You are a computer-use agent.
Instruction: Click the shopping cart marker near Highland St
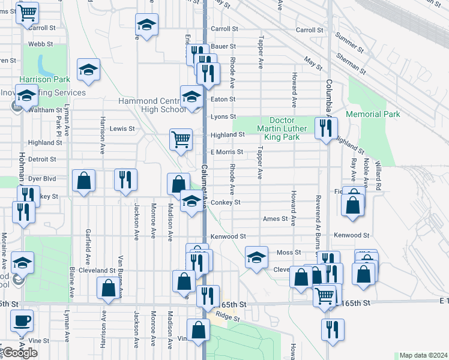pos(181,139)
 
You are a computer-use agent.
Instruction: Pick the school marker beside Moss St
pos(256,258)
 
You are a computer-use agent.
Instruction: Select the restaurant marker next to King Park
pos(326,128)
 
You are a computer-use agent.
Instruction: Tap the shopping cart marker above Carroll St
pos(26,12)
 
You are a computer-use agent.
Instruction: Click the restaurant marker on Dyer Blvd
pos(125,179)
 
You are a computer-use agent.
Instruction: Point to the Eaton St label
pos(223,99)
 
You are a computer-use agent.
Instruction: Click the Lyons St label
pos(223,116)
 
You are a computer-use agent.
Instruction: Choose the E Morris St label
pos(226,152)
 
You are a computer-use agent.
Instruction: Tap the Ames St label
pos(275,219)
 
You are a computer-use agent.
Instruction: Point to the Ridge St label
pos(228,316)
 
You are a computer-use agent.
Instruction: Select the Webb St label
pos(41,44)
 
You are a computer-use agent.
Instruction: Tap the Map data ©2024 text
pos(423,355)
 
